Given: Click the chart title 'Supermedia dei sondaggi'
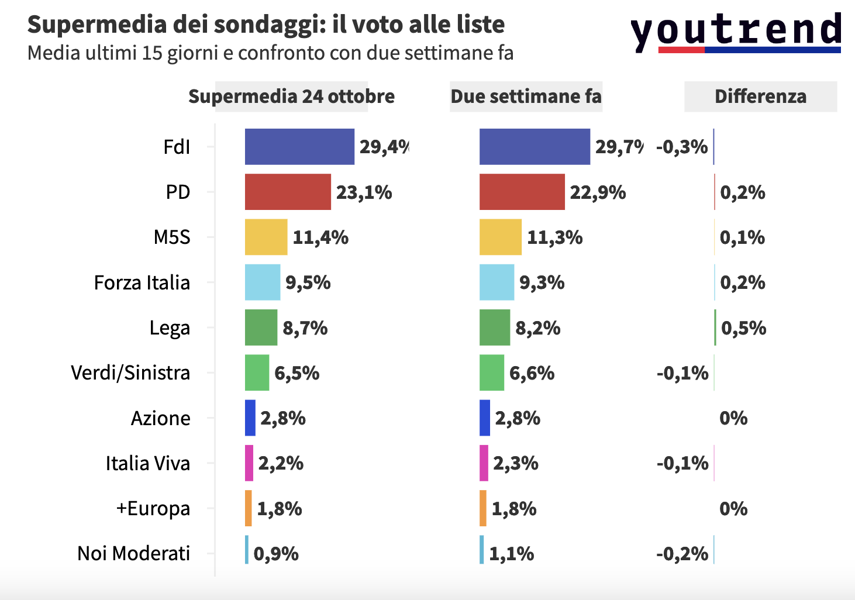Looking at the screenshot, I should pyautogui.click(x=266, y=25).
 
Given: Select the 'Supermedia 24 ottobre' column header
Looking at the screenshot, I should pyautogui.click(x=291, y=96).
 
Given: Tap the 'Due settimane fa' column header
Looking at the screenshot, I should pyautogui.click(x=526, y=96).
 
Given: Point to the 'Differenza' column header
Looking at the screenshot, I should pyautogui.click(x=760, y=96).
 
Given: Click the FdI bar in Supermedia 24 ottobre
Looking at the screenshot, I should pyautogui.click(x=299, y=147).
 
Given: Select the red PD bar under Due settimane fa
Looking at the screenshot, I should pyautogui.click(x=522, y=192).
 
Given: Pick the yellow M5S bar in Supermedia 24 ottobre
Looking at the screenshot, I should pyautogui.click(x=266, y=237).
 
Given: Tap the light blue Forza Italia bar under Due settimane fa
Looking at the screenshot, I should pyautogui.click(x=497, y=282).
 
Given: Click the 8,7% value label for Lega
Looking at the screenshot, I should pyautogui.click(x=305, y=328).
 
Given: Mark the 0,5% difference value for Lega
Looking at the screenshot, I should pyautogui.click(x=743, y=328).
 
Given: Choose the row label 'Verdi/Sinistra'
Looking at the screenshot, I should pyautogui.click(x=130, y=373).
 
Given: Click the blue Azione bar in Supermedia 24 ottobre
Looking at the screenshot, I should pyautogui.click(x=250, y=418).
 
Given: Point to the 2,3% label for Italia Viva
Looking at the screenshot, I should pyautogui.click(x=515, y=463).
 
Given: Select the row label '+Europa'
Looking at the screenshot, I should pyautogui.click(x=153, y=508).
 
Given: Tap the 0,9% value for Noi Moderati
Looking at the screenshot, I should pyautogui.click(x=276, y=554).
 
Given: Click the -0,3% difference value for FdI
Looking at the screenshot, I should pyautogui.click(x=682, y=147).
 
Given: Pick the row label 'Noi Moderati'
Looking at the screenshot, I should pyautogui.click(x=134, y=553).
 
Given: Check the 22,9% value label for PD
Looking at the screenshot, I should pyautogui.click(x=598, y=192).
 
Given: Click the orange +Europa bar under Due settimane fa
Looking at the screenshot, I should pyautogui.click(x=483, y=508).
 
